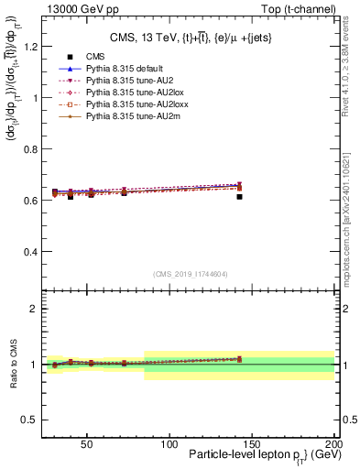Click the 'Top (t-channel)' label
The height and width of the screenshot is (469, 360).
(297, 8)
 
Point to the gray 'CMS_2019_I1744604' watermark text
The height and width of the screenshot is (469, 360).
(190, 274)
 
